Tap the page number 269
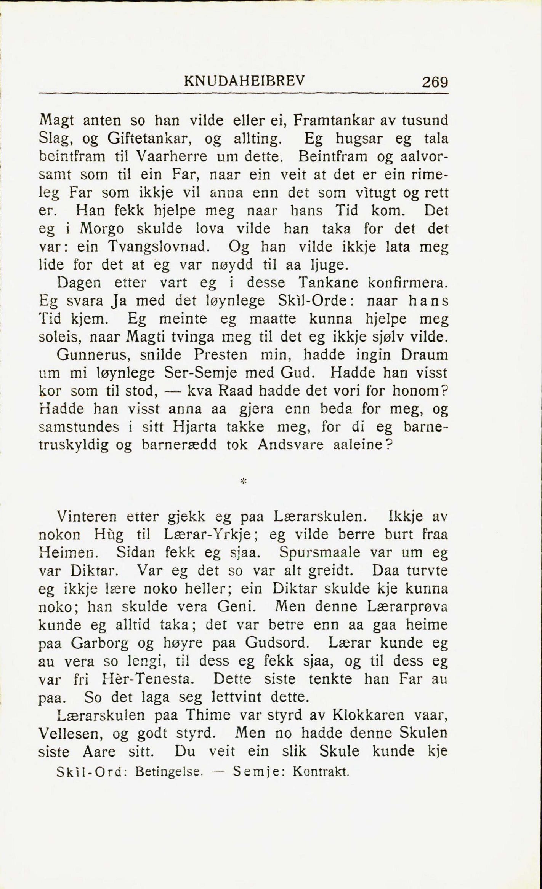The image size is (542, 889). click(x=435, y=82)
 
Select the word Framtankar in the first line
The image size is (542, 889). click(x=332, y=120)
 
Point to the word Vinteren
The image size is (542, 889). click(x=86, y=517)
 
